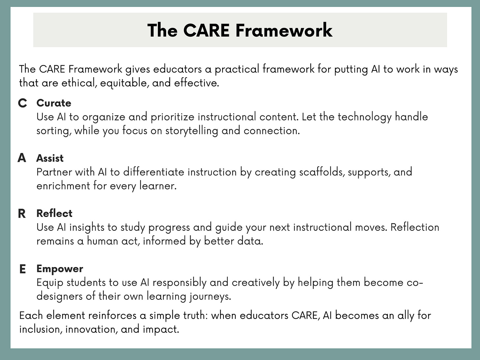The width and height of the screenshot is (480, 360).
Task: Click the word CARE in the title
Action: pyautogui.click(x=206, y=30)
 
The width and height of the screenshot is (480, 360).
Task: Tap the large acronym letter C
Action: pyautogui.click(x=22, y=103)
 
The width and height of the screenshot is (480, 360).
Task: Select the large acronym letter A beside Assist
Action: pyautogui.click(x=22, y=158)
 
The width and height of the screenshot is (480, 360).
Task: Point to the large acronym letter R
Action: pyautogui.click(x=22, y=214)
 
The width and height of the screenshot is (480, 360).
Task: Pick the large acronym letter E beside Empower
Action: pyautogui.click(x=22, y=269)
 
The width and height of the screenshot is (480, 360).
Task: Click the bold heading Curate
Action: pyautogui.click(x=54, y=103)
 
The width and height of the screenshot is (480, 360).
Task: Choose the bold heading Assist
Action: pyautogui.click(x=50, y=158)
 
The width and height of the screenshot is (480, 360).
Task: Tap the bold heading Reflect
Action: pyautogui.click(x=54, y=213)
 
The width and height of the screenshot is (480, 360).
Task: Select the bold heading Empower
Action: pyautogui.click(x=60, y=269)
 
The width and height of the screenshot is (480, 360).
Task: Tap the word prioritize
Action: pyautogui.click(x=172, y=117)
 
